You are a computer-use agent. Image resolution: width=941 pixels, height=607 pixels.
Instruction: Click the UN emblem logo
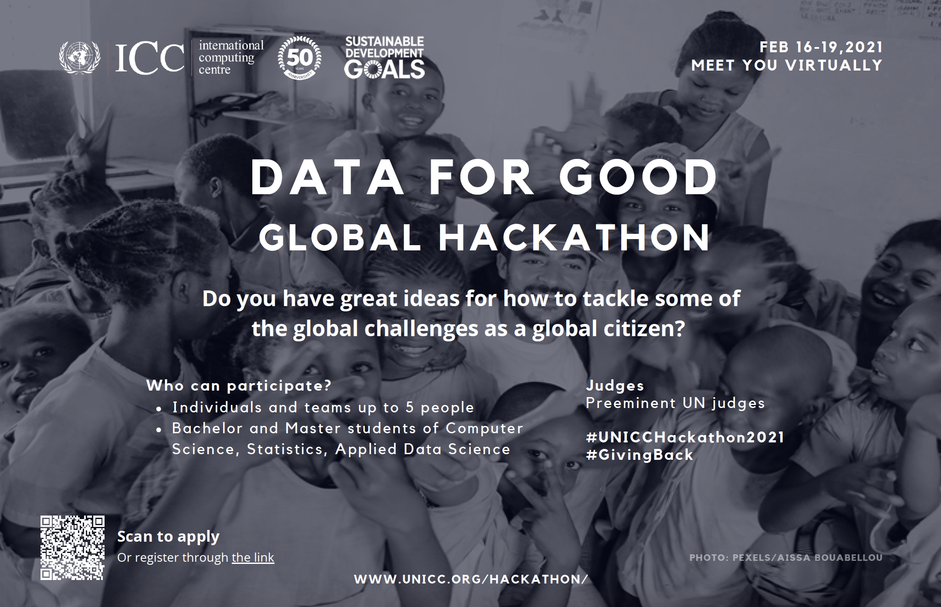click(79, 57)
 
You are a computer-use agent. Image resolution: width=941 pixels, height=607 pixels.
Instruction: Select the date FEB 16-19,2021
click(821, 47)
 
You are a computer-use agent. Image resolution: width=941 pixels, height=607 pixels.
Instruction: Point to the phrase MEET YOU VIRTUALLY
click(787, 65)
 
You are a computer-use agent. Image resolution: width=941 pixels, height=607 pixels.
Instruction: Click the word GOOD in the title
click(638, 178)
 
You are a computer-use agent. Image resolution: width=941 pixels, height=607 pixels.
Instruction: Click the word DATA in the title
click(328, 178)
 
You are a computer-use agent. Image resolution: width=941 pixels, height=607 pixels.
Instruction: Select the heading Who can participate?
click(239, 386)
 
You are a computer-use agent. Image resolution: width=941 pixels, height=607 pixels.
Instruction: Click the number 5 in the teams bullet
click(410, 408)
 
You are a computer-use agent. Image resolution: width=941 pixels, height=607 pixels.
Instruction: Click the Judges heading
click(615, 386)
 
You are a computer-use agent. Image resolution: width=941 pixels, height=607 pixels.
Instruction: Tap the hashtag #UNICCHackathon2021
click(685, 437)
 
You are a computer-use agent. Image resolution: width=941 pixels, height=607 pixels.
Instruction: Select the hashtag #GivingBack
click(640, 455)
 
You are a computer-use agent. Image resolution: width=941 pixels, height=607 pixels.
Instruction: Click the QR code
click(72, 548)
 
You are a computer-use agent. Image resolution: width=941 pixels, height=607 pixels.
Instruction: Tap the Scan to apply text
click(168, 537)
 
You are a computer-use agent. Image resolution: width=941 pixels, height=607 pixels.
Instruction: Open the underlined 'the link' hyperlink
click(253, 557)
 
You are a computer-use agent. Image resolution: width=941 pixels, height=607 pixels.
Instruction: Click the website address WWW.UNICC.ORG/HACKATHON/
click(471, 579)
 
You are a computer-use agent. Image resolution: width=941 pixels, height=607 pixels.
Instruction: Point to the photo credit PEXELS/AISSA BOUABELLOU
click(807, 557)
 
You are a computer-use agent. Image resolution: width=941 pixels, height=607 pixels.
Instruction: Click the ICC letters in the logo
click(150, 58)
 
